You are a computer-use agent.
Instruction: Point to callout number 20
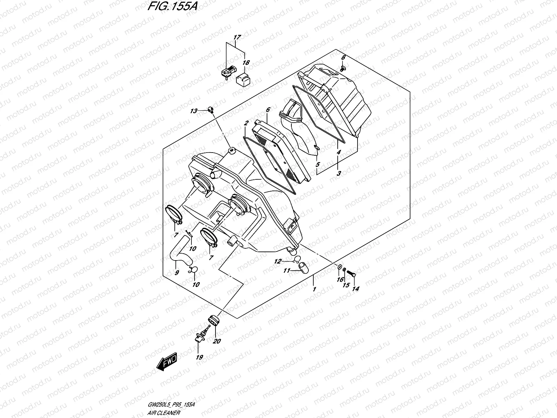(x=217, y=341)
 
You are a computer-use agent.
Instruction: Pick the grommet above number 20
(x=212, y=320)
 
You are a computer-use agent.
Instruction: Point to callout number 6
(x=268, y=110)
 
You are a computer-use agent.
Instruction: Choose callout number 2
(x=246, y=123)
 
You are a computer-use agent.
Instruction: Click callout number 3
(x=339, y=173)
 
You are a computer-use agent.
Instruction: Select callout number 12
(x=277, y=261)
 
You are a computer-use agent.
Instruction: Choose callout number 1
(x=314, y=289)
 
